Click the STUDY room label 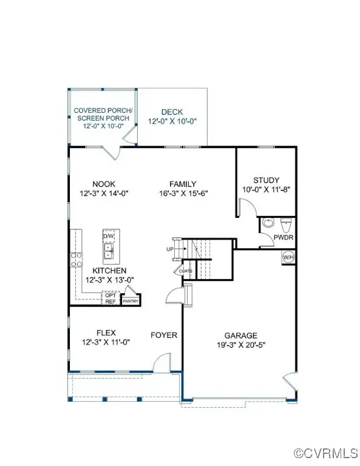click(x=266, y=180)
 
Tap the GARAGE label click(x=241, y=336)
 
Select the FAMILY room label click(x=183, y=184)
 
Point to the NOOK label click(x=104, y=184)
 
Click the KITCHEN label click(x=109, y=271)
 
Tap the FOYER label click(x=164, y=335)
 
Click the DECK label click(x=172, y=112)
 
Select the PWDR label click(x=284, y=237)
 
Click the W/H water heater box click(x=288, y=257)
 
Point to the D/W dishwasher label click(x=109, y=235)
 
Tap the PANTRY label click(x=131, y=301)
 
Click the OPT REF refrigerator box click(x=110, y=299)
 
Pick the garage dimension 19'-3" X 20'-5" click(x=241, y=345)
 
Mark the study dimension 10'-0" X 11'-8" click(x=266, y=189)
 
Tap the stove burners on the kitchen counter click(x=78, y=260)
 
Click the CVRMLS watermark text click(x=327, y=453)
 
